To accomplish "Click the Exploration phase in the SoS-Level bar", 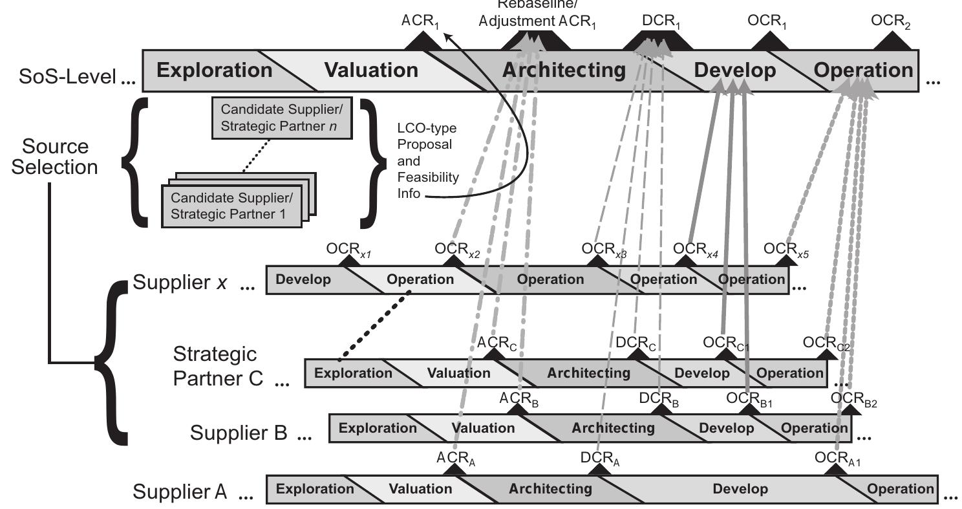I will pos(214,70).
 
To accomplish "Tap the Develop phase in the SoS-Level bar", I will pos(734,70).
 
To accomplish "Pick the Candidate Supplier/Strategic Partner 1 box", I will pos(232,206).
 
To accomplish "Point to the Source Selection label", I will pos(55,156).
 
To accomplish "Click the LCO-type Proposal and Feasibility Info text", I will pos(427,160).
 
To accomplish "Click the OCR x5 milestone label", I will pos(786,250).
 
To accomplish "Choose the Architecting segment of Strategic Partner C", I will pos(588,373).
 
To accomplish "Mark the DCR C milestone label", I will pos(636,342).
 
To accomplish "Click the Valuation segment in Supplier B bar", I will pos(483,428).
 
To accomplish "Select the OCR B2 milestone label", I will pos(853,398).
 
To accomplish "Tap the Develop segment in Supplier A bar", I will pos(740,489).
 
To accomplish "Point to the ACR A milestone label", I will pos(456,459).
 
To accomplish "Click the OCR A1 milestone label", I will pos(837,459).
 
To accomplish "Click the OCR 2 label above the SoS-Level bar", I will pos(890,21).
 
